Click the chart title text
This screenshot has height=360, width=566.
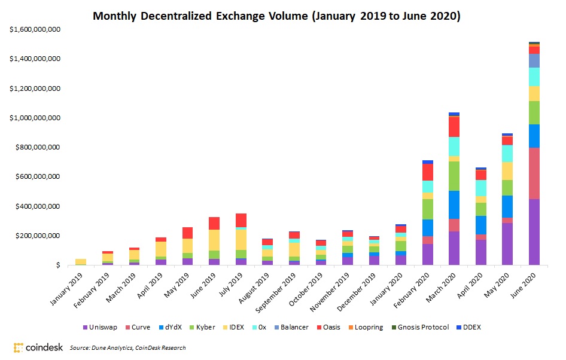coord(276,16)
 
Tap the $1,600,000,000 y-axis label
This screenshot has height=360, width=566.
coord(35,30)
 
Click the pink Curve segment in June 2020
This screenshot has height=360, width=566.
coord(534,173)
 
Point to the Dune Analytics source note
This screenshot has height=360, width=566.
coord(127,347)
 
